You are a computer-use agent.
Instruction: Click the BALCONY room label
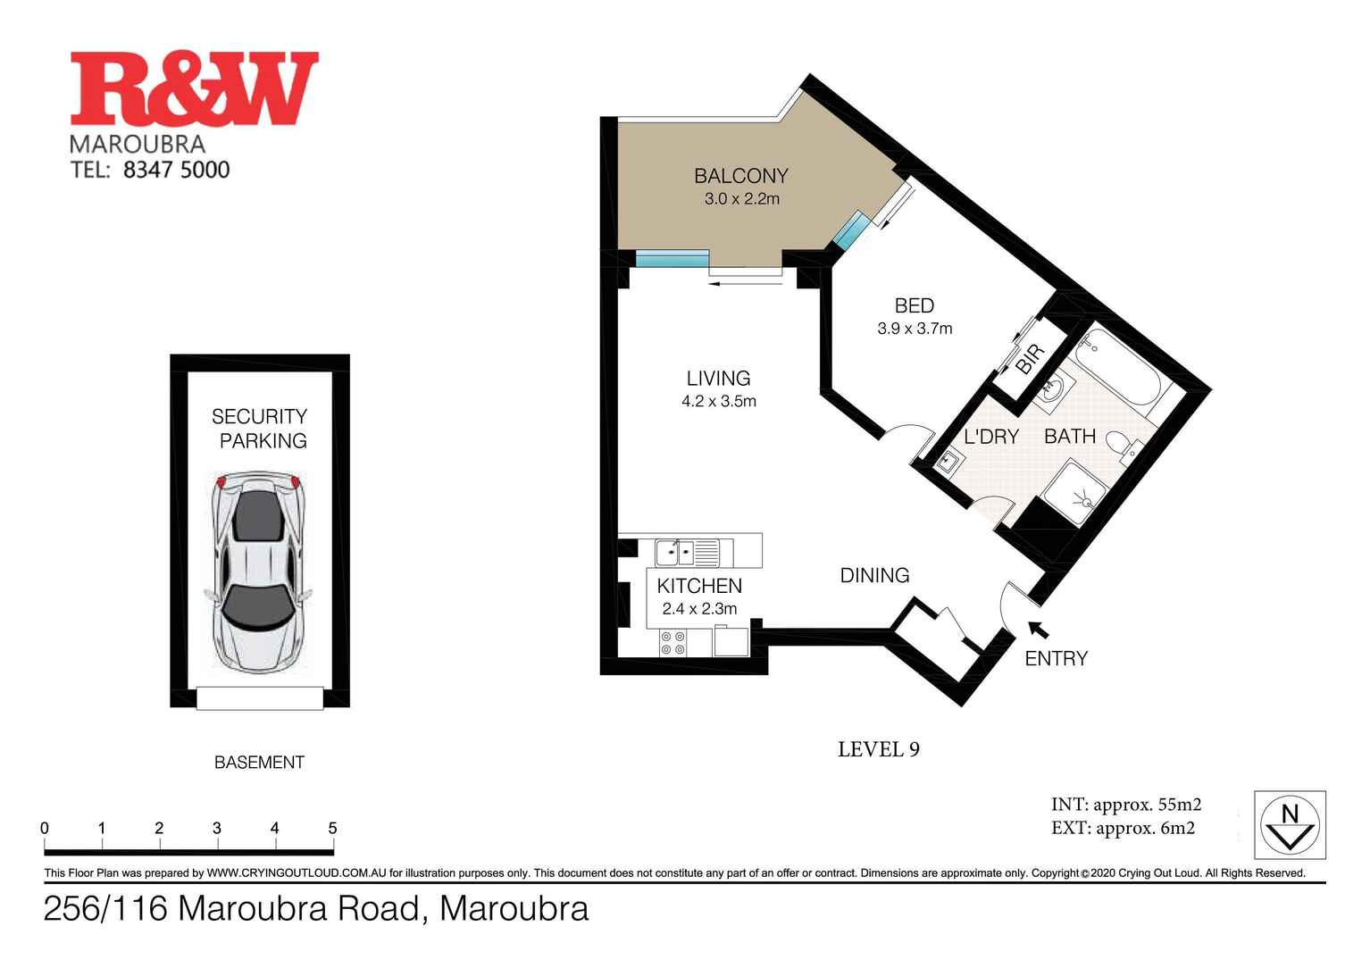coord(741,175)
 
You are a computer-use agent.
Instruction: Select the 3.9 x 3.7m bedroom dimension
coord(915,329)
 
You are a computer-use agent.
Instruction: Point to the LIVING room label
coord(718,378)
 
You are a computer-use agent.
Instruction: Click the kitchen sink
coord(674,553)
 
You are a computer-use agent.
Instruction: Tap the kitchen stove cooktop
coord(672,643)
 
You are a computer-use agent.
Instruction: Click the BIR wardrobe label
coord(1030,361)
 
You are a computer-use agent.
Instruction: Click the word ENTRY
coord(1056,659)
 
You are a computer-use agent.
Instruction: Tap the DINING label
coord(874,576)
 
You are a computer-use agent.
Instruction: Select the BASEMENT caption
coord(259,763)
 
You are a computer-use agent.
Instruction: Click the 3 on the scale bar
coord(217,829)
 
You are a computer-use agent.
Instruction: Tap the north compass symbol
coord(1290,826)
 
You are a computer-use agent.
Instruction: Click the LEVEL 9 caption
coord(878,749)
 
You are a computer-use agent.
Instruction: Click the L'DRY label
coord(991,437)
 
